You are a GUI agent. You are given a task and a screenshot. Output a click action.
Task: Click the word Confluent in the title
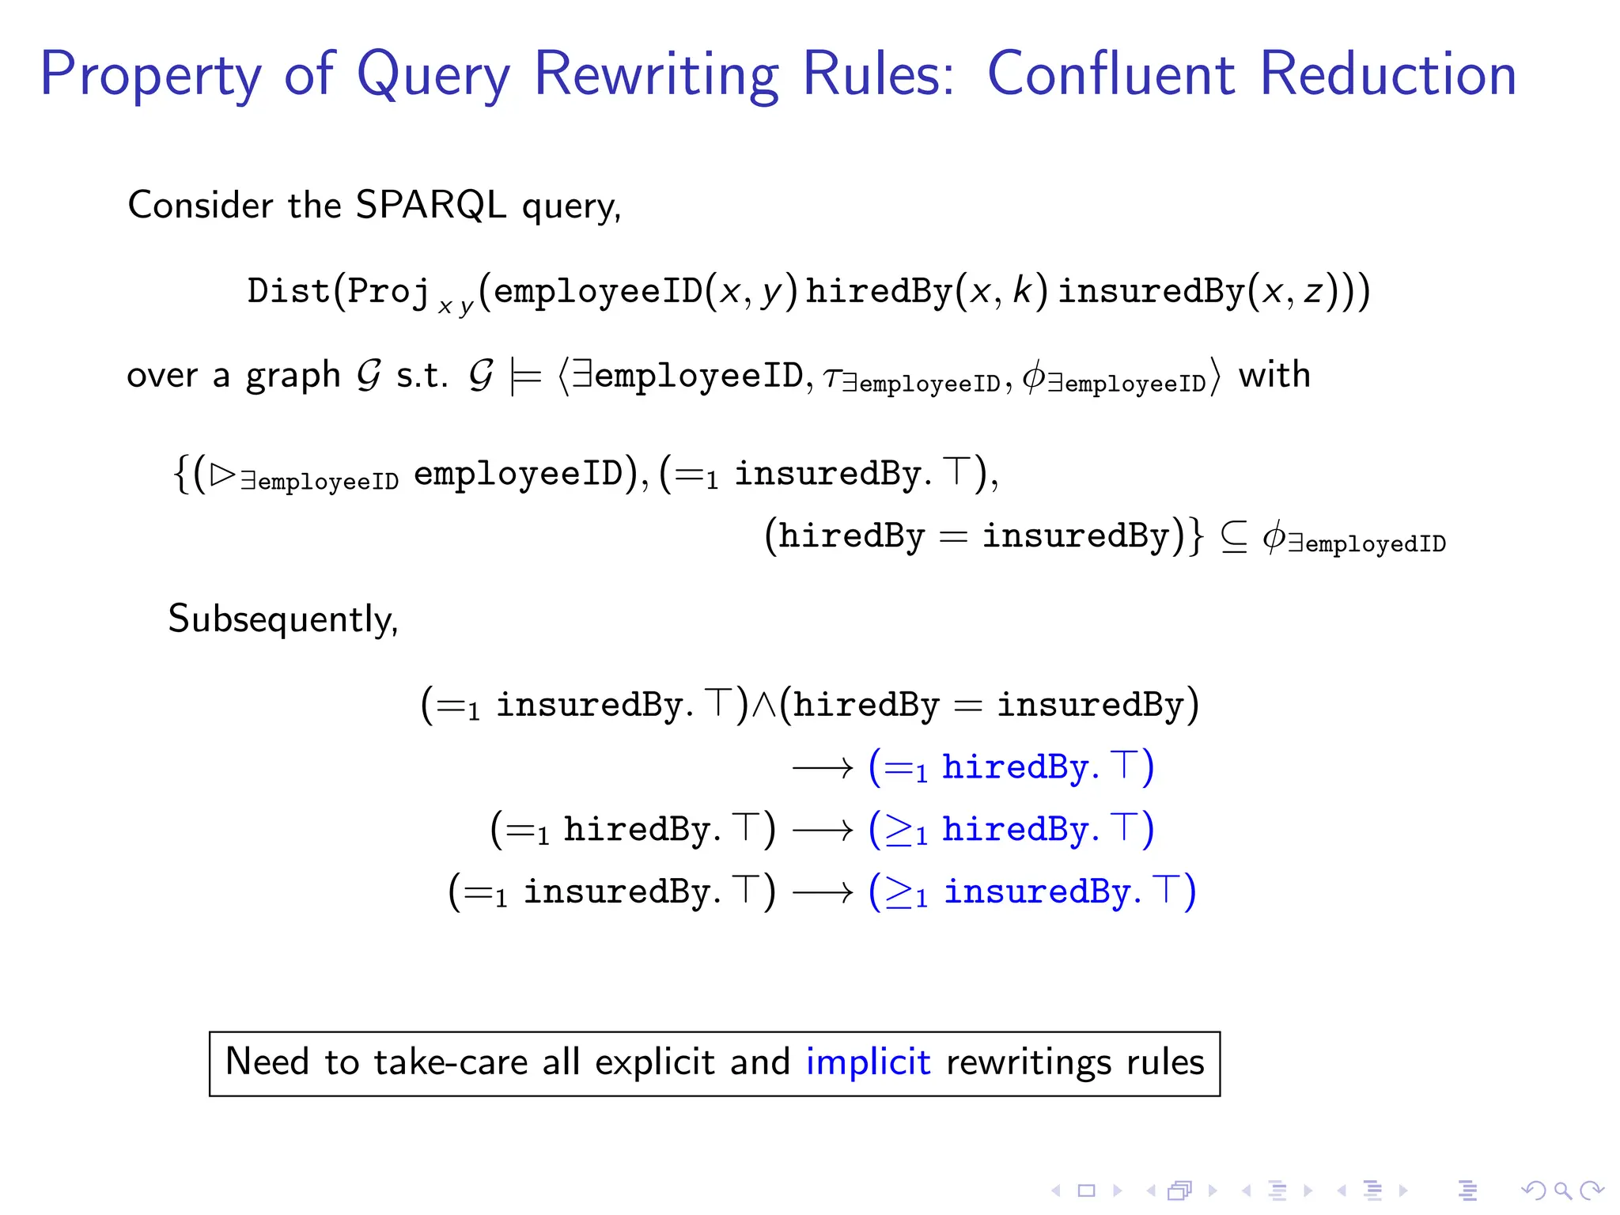1111,74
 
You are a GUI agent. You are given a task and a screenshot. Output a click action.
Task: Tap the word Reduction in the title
1388,74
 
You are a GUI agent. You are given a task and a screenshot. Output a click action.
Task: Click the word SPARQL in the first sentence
430,205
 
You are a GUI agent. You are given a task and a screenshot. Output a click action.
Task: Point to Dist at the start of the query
288,291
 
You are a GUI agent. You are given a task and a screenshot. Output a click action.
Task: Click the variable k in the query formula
1023,291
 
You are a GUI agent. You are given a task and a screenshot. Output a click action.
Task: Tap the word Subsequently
283,619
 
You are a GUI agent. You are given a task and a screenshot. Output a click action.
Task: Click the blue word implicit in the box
868,1062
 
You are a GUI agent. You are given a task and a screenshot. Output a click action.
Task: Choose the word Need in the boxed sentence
267,1062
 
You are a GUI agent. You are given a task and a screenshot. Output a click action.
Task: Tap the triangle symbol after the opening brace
223,474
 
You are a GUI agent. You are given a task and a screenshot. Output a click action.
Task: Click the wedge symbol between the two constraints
764,705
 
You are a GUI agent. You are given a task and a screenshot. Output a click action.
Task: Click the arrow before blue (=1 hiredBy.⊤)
823,767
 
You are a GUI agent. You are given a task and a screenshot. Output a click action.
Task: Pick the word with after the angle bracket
1274,375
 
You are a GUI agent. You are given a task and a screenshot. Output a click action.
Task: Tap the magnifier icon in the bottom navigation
1562,1190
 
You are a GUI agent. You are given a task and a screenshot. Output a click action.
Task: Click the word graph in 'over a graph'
293,377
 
